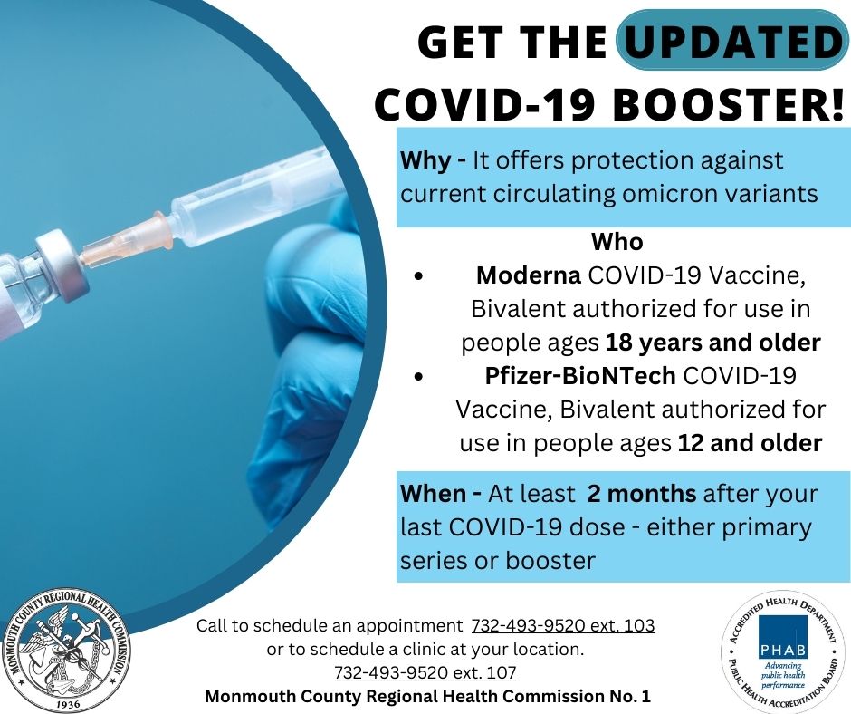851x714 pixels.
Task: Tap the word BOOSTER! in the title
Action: (x=729, y=104)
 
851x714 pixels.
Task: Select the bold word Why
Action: (x=425, y=161)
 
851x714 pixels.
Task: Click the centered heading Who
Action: (x=617, y=242)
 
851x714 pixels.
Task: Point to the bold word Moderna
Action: (x=528, y=275)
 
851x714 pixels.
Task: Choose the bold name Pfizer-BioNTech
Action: (x=579, y=375)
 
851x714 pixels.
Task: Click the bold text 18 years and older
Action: (x=712, y=343)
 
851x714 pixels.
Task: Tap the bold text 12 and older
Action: (x=750, y=443)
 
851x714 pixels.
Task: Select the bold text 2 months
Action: (x=642, y=494)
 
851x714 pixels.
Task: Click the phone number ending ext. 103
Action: (x=563, y=626)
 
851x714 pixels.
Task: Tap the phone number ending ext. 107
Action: (x=425, y=672)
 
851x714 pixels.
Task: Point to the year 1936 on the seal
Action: (x=68, y=705)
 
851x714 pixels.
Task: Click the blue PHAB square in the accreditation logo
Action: (x=782, y=636)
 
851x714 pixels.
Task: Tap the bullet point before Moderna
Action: (x=417, y=276)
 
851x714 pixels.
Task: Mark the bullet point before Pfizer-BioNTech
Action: (x=417, y=376)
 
